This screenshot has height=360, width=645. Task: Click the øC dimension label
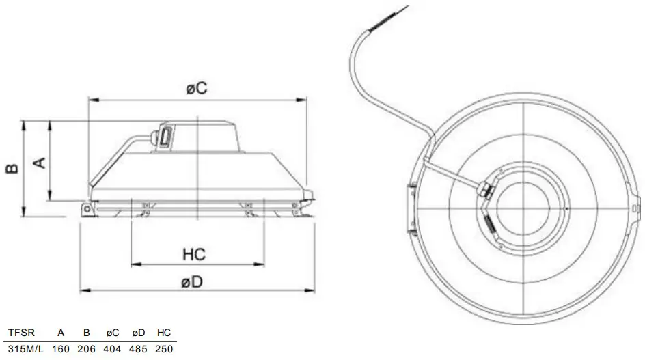196,89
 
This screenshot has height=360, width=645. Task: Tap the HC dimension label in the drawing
195,254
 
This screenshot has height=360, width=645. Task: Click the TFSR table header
20,333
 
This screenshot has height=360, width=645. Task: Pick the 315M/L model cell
24,349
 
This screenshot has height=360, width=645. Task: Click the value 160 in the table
61,349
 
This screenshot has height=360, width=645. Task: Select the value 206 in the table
87,349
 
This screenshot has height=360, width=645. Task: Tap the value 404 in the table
113,349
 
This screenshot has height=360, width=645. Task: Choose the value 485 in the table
139,349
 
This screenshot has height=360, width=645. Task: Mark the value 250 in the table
164,349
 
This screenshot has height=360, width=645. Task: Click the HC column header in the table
164,333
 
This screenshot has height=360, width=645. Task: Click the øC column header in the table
113,333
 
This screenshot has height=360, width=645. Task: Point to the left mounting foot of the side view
86,209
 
